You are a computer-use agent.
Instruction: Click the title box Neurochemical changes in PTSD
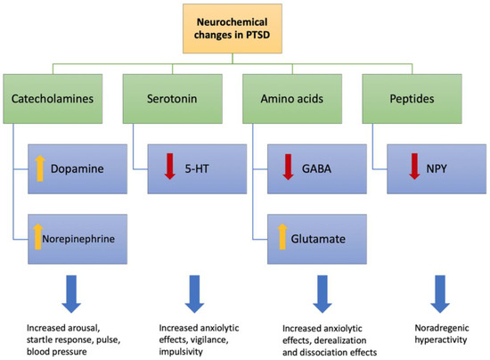(244, 29)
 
